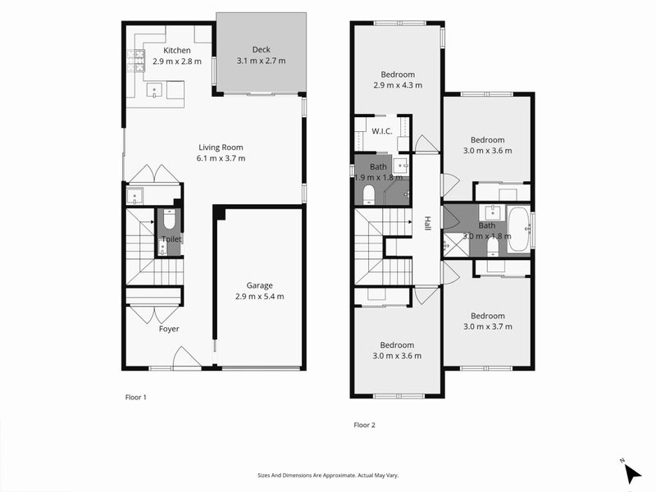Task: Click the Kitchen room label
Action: click(176, 51)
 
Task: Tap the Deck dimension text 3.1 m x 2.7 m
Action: click(261, 61)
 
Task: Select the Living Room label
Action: click(221, 148)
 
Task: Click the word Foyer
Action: click(169, 329)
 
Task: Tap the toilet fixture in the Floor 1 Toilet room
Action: click(170, 220)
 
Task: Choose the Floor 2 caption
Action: click(364, 425)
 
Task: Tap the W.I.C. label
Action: click(381, 130)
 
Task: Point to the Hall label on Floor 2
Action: click(427, 223)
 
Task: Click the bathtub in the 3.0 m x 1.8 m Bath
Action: click(518, 229)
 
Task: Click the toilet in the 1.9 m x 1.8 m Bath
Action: click(368, 194)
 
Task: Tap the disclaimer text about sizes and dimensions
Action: click(327, 475)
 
